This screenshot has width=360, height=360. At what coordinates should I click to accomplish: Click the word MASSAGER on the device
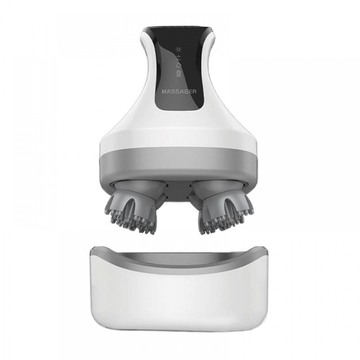click(179, 91)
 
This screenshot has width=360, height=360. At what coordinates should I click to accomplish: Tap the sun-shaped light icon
click(179, 49)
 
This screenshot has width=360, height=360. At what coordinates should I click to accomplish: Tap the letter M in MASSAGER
click(164, 91)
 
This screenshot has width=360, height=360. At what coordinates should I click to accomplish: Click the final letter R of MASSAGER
click(194, 91)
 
